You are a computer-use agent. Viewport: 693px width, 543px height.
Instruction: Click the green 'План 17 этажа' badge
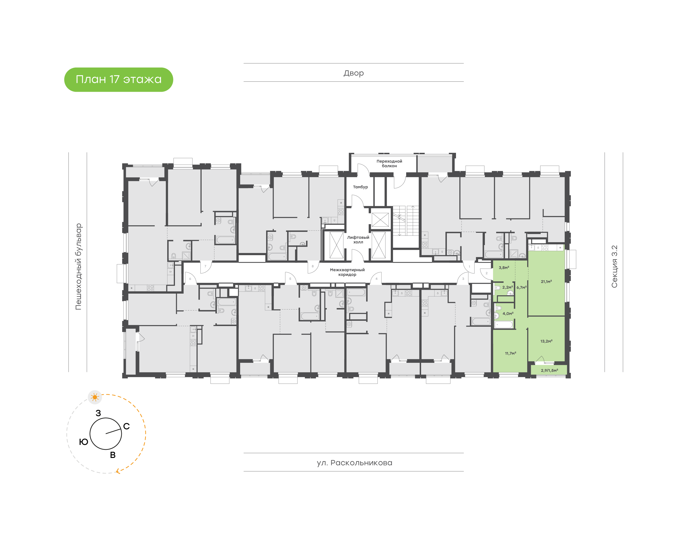click(x=118, y=80)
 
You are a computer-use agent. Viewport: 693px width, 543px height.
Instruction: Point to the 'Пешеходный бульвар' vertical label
click(x=78, y=266)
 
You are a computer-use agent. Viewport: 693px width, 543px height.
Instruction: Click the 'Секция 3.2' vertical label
click(x=614, y=266)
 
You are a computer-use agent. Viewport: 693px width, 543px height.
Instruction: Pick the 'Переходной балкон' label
click(x=389, y=163)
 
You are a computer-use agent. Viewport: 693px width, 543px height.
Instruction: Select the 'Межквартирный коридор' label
click(x=347, y=272)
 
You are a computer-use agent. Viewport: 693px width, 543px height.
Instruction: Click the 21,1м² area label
click(x=546, y=281)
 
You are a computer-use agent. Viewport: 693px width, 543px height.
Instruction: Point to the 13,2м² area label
click(x=546, y=341)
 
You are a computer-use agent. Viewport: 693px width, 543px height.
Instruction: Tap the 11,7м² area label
click(x=510, y=353)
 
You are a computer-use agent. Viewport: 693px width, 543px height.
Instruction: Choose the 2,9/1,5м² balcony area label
click(x=549, y=370)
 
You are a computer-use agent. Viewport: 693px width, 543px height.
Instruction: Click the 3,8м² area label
click(x=504, y=268)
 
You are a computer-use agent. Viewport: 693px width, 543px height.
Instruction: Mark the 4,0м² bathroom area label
click(x=508, y=314)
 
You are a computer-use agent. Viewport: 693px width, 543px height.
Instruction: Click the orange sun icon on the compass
click(x=95, y=397)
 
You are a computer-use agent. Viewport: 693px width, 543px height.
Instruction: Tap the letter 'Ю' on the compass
click(x=83, y=442)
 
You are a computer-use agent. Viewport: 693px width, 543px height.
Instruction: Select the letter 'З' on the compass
click(x=98, y=413)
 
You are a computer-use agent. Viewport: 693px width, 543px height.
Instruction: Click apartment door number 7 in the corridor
click(x=205, y=266)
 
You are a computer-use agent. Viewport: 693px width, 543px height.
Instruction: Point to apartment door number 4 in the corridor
click(x=376, y=279)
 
